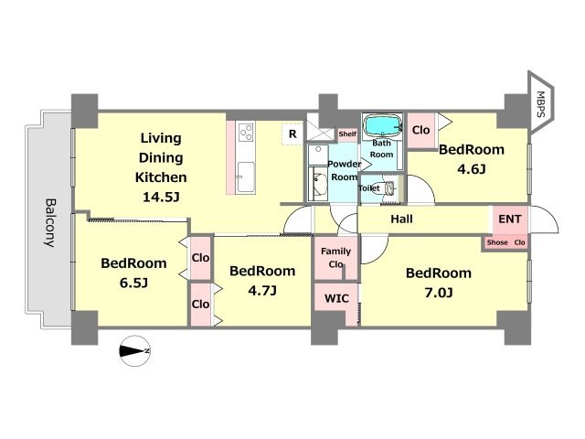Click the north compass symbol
pyautogui.click(x=134, y=351)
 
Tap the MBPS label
pyautogui.click(x=540, y=104)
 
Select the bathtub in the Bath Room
pyautogui.click(x=382, y=125)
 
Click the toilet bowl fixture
pyautogui.click(x=388, y=188)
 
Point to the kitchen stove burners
pyautogui.click(x=246, y=132)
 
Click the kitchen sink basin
pyautogui.click(x=246, y=177)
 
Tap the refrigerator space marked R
pyautogui.click(x=292, y=134)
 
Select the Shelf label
pyautogui.click(x=347, y=134)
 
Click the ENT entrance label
pyautogui.click(x=510, y=219)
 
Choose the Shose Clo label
pyautogui.click(x=505, y=242)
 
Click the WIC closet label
pyautogui.click(x=336, y=298)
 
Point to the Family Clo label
pyautogui.click(x=335, y=258)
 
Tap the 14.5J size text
pyautogui.click(x=161, y=197)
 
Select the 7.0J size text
pyautogui.click(x=439, y=293)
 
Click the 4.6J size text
pyautogui.click(x=472, y=169)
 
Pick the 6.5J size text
pyautogui.click(x=133, y=283)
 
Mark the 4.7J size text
pyautogui.click(x=262, y=291)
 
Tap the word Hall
pyautogui.click(x=401, y=219)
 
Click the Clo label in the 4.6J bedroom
pyautogui.click(x=421, y=130)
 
